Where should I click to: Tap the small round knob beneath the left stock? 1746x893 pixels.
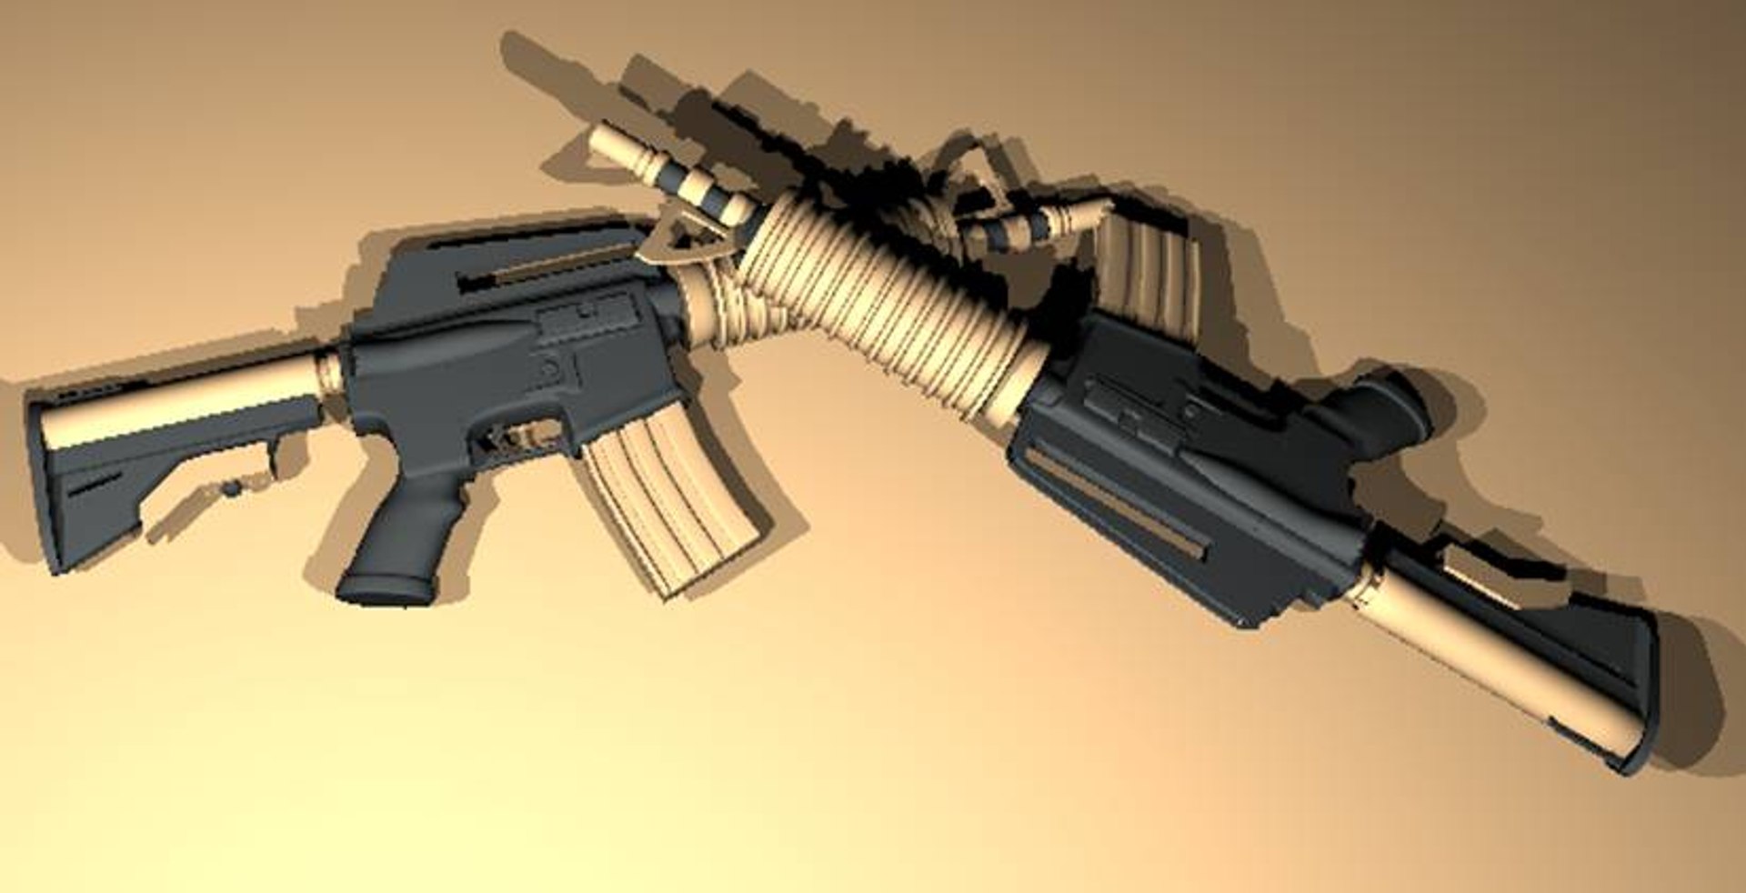(234, 488)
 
